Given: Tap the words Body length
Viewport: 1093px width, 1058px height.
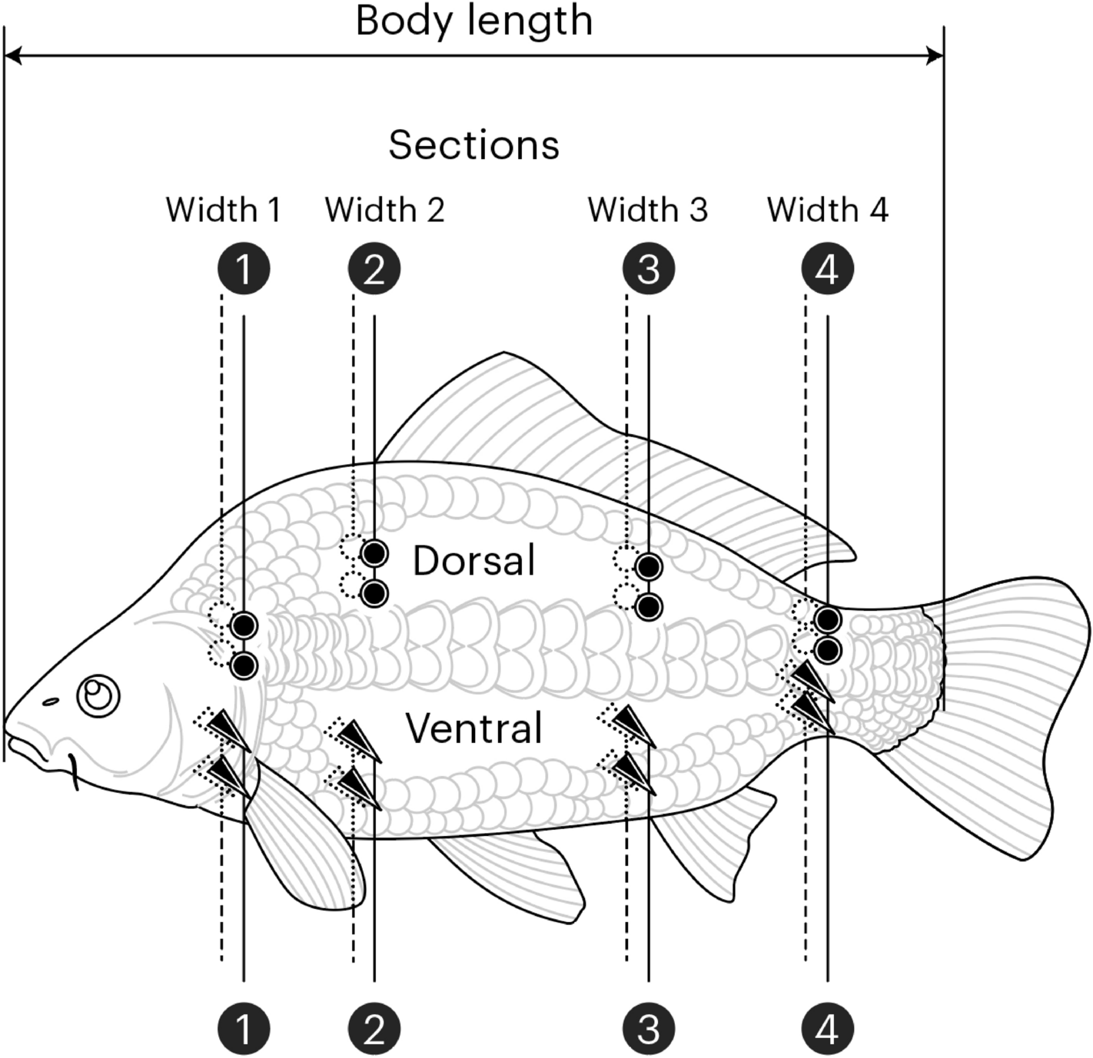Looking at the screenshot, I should [x=474, y=21].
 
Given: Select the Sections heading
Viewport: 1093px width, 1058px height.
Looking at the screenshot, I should [x=473, y=144].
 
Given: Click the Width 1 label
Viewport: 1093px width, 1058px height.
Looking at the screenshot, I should [x=223, y=210].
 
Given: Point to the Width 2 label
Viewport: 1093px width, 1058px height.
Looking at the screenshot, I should [x=384, y=210].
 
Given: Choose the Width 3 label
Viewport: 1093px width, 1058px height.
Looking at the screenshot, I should [x=647, y=210].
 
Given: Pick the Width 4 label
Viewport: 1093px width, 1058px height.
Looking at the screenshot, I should [x=827, y=210].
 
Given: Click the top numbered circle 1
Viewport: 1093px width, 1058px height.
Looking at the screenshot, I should [x=244, y=269].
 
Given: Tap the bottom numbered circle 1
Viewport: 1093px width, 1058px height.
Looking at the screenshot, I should [x=244, y=1028].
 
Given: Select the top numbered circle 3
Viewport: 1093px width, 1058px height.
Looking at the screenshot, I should [x=649, y=269].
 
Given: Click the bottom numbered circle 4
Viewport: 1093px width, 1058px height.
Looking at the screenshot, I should [x=828, y=1028].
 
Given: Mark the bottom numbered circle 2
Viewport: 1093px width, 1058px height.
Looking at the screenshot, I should [x=374, y=1028].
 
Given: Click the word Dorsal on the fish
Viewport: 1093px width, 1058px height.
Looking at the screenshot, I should [x=473, y=561].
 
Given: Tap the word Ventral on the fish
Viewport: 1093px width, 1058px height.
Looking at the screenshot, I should [x=473, y=728].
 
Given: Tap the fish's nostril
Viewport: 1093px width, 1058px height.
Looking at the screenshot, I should [x=51, y=701].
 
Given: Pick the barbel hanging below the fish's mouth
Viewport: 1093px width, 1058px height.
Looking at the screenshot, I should [x=74, y=772].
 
